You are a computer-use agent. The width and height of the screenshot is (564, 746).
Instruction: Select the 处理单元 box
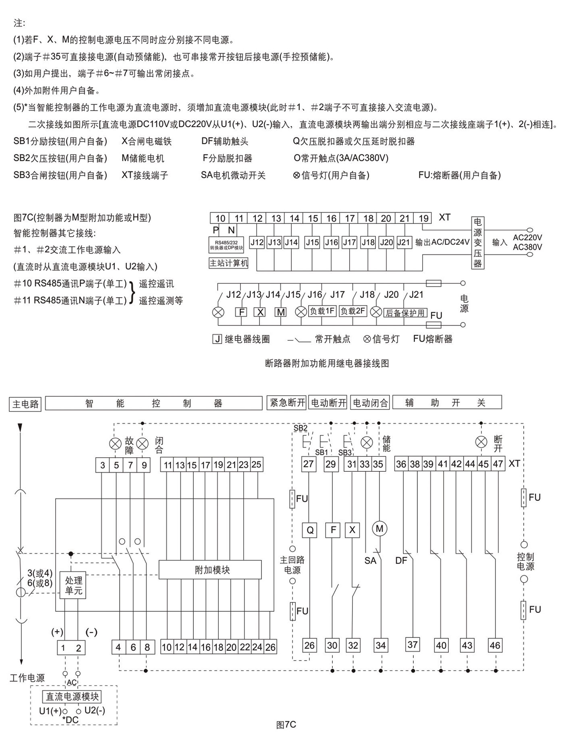(x=73, y=585)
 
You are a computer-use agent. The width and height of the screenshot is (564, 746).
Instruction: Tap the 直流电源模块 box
(x=72, y=696)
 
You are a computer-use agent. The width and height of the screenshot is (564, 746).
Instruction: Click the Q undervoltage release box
(x=310, y=530)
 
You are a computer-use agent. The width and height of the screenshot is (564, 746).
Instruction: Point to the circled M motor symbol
(x=379, y=529)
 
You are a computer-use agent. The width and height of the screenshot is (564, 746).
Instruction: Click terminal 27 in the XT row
(x=308, y=464)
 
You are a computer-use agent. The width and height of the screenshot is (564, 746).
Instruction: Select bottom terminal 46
(x=495, y=646)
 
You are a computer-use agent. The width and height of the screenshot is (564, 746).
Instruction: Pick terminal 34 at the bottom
(x=380, y=646)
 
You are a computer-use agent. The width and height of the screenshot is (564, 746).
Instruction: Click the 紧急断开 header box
(x=287, y=403)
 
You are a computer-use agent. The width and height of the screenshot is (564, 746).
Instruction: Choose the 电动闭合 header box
(x=370, y=403)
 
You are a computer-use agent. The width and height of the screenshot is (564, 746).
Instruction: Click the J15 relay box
(x=312, y=242)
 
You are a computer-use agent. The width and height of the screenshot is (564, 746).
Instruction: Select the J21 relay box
(x=403, y=242)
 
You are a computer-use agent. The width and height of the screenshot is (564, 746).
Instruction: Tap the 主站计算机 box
(x=228, y=263)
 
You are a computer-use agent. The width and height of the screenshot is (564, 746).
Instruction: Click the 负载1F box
(x=322, y=311)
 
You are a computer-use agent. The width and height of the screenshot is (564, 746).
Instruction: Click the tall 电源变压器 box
(x=477, y=242)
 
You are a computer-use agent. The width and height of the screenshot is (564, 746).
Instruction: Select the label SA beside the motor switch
(x=370, y=561)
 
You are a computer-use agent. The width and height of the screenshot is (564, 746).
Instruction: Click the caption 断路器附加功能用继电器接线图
(x=327, y=363)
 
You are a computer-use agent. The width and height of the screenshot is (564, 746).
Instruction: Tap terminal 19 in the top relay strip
(x=423, y=218)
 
